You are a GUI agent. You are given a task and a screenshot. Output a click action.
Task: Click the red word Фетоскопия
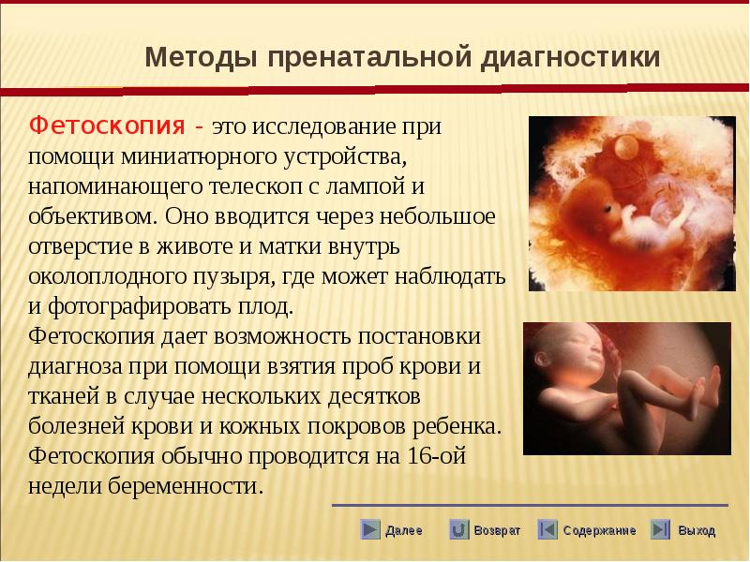107,126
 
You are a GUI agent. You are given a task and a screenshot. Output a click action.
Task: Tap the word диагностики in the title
570,57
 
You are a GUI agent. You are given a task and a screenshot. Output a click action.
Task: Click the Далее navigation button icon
369,529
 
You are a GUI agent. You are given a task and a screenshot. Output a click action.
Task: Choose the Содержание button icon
547,529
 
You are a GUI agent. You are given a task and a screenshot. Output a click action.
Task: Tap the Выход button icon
660,529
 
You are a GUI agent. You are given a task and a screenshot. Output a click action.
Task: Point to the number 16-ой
436,455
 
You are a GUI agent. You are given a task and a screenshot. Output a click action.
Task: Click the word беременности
186,485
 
